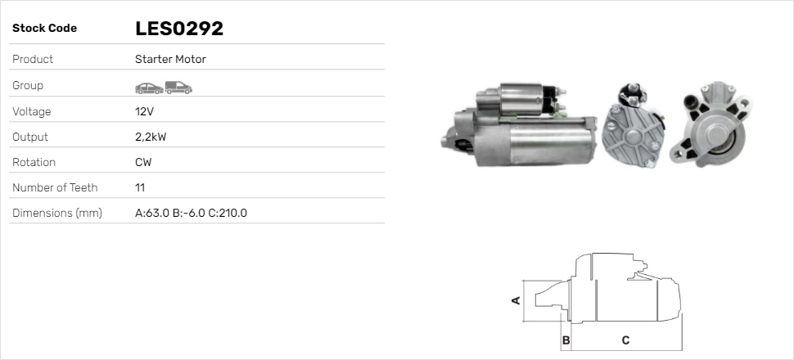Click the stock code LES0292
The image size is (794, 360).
point(179,29)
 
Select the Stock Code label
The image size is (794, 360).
point(44,29)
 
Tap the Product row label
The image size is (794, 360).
point(33,60)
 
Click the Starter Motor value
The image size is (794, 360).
point(170,60)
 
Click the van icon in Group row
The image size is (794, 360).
point(178,86)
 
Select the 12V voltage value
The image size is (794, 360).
point(143,111)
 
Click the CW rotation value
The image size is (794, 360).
point(143,162)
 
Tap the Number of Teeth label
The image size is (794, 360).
point(55,187)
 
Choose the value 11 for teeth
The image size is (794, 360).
point(140,187)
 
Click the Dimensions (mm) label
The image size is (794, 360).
point(56,213)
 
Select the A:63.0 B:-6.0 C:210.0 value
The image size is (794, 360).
point(191,213)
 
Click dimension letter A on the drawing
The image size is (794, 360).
point(516,300)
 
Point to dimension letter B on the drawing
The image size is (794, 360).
point(566,340)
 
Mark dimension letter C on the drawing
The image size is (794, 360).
point(625,340)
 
